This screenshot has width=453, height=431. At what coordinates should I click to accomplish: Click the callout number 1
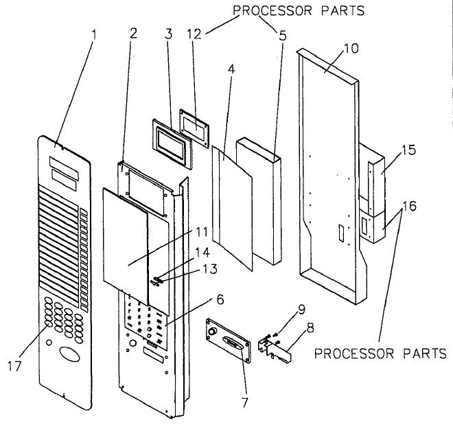pyautogui.click(x=94, y=34)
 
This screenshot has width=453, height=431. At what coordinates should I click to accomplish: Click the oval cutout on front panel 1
pyautogui.click(x=68, y=356)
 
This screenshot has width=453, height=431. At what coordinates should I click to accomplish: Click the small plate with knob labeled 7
pyautogui.click(x=227, y=340)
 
